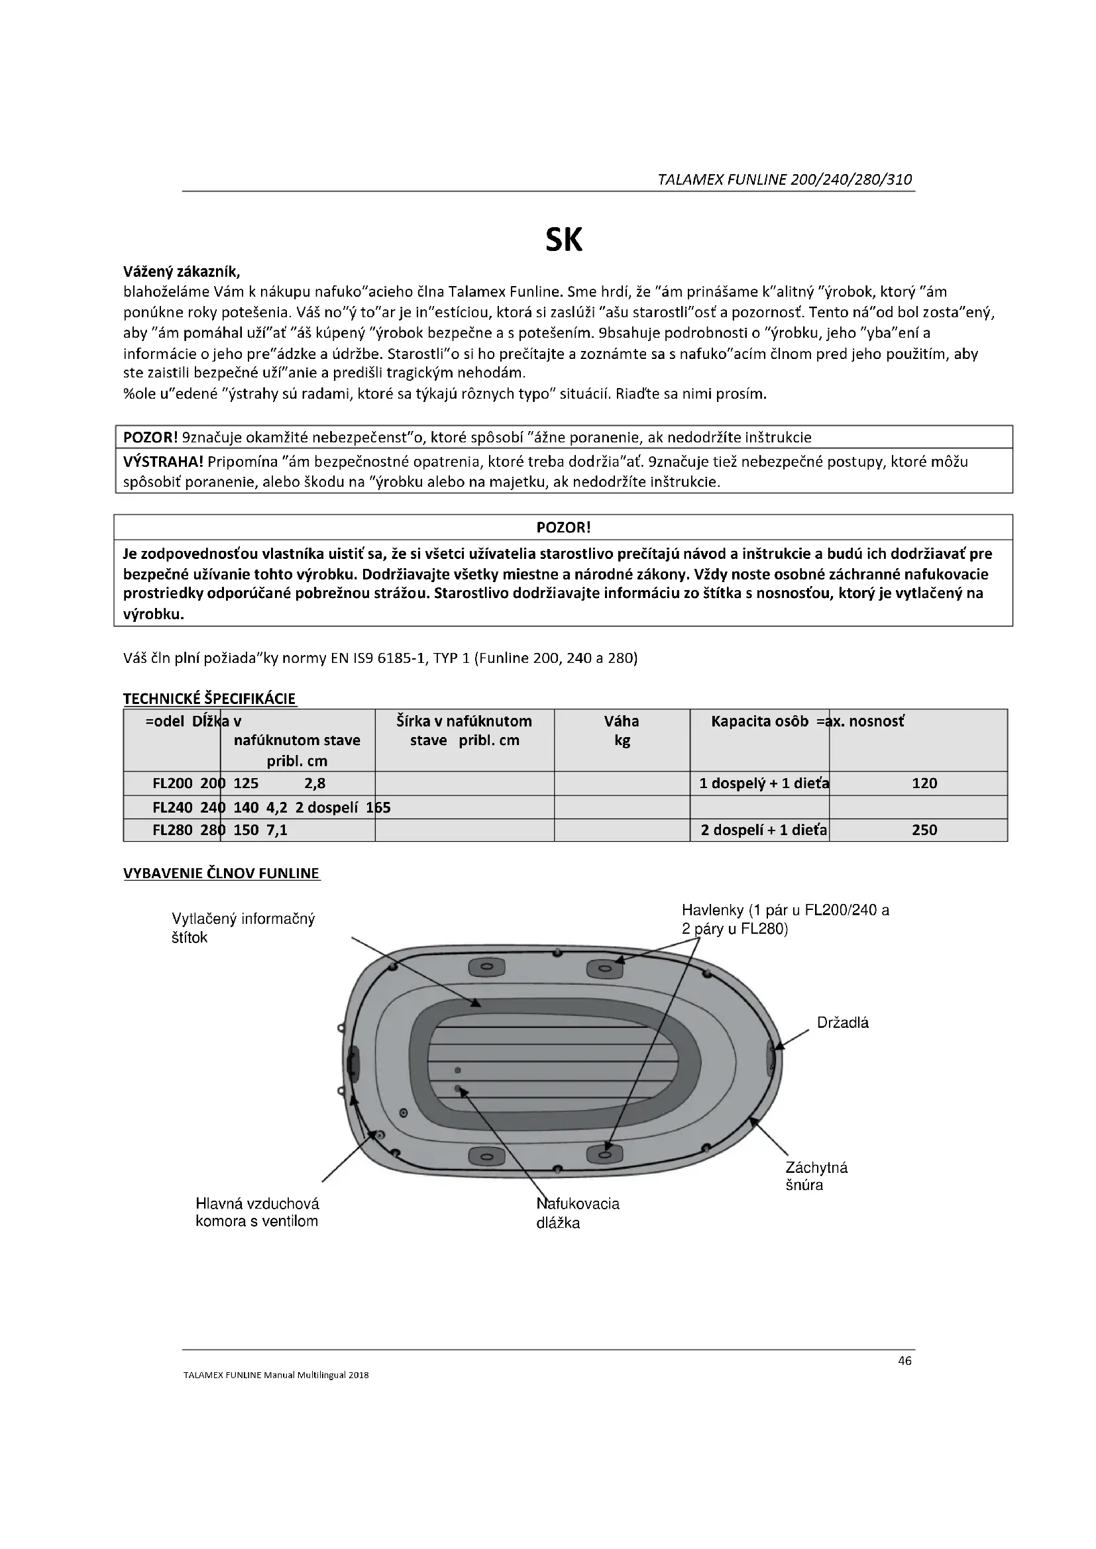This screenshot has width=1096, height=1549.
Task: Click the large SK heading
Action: pyautogui.click(x=563, y=240)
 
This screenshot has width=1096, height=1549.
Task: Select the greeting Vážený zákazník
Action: pyautogui.click(x=182, y=272)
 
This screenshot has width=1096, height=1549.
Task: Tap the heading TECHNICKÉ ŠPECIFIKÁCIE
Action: pyautogui.click(x=209, y=698)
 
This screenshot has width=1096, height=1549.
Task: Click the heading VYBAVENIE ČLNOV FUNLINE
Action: pyautogui.click(x=221, y=873)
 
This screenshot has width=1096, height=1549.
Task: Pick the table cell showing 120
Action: pyautogui.click(x=924, y=783)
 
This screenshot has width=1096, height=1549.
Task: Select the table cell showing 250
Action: pyautogui.click(x=924, y=830)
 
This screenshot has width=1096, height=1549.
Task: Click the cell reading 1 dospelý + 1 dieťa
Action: pyautogui.click(x=764, y=783)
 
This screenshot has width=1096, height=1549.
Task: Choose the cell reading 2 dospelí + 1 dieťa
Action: pyautogui.click(x=764, y=830)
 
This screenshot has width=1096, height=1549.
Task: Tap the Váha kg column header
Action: pyautogui.click(x=622, y=730)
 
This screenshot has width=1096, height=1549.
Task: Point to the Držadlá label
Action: pyautogui.click(x=843, y=1023)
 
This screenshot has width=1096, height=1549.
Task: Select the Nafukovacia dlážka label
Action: pyautogui.click(x=578, y=1213)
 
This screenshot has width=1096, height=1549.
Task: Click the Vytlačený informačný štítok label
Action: pyautogui.click(x=243, y=928)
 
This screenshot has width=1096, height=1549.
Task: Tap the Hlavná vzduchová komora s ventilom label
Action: pyautogui.click(x=257, y=1213)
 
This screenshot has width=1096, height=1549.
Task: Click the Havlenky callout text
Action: pyautogui.click(x=785, y=920)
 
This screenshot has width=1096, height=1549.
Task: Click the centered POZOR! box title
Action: pyautogui.click(x=563, y=528)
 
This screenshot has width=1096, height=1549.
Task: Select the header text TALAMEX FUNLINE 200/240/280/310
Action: pyautogui.click(x=785, y=179)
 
